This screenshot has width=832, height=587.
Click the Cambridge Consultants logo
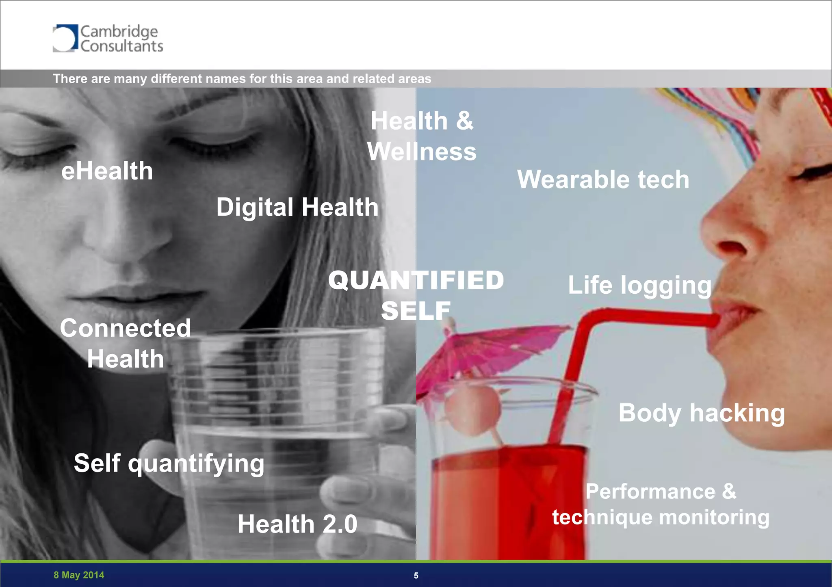coord(108,39)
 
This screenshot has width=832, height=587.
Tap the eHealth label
coord(107,171)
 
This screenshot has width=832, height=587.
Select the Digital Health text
coord(297,208)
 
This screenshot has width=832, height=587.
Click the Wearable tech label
coord(603,180)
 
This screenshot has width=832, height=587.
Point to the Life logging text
coord(639,285)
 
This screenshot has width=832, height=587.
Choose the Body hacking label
coord(702,413)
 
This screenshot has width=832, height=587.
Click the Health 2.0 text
coord(297,524)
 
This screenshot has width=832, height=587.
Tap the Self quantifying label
coord(169,463)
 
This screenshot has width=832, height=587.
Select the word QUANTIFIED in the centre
coord(416,280)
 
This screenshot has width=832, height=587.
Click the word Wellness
coord(422,152)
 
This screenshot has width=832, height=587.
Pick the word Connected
coord(126,328)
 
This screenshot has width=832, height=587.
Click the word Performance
coord(650,492)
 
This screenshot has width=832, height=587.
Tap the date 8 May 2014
coord(79,575)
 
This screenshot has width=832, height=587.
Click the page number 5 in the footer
coord(416,576)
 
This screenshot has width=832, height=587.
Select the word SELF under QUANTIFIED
coord(416,311)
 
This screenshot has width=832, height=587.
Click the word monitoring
coord(714,518)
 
